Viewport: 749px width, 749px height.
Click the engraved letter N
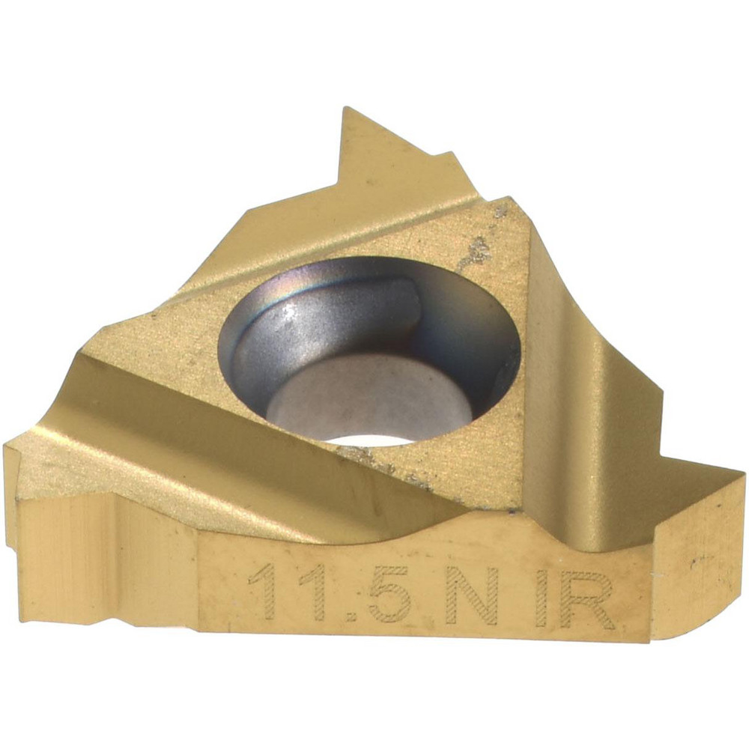coord(469,595)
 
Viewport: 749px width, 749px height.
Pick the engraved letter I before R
coord(542,597)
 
